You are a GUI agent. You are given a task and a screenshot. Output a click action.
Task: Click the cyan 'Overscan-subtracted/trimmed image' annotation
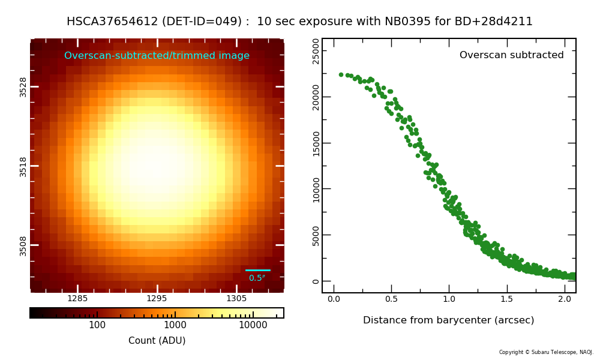pyautogui.click(x=157, y=56)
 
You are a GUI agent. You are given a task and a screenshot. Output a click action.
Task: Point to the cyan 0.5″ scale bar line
pyautogui.click(x=258, y=270)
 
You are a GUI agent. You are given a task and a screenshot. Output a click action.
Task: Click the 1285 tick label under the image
pyautogui.click(x=77, y=299)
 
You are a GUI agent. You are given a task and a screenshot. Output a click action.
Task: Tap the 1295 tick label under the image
pyautogui.click(x=157, y=299)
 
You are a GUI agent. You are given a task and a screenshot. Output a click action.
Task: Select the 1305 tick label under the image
pyautogui.click(x=236, y=299)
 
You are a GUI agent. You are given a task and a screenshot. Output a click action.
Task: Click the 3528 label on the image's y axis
pyautogui.click(x=23, y=86)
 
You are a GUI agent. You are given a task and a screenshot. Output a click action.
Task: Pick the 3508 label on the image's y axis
pyautogui.click(x=23, y=245)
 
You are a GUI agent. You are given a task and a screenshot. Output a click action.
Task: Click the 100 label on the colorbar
pyautogui.click(x=97, y=325)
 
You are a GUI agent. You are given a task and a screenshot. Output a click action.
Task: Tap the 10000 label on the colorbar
pyautogui.click(x=253, y=325)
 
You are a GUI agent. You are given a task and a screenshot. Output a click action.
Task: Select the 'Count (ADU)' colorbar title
pyautogui.click(x=157, y=341)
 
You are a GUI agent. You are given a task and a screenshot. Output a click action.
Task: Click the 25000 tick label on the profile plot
pyautogui.click(x=316, y=51)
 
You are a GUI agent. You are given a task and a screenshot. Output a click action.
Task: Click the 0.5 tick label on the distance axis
pyautogui.click(x=391, y=299)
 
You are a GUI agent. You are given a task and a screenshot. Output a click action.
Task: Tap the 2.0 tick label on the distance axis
pyautogui.click(x=565, y=299)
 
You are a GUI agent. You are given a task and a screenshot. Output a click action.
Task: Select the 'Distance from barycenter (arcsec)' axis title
pyautogui.click(x=448, y=320)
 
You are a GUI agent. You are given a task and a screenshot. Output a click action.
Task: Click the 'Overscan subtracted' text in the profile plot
pyautogui.click(x=511, y=55)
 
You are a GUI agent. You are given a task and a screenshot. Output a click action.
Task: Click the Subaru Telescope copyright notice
pyautogui.click(x=546, y=352)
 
